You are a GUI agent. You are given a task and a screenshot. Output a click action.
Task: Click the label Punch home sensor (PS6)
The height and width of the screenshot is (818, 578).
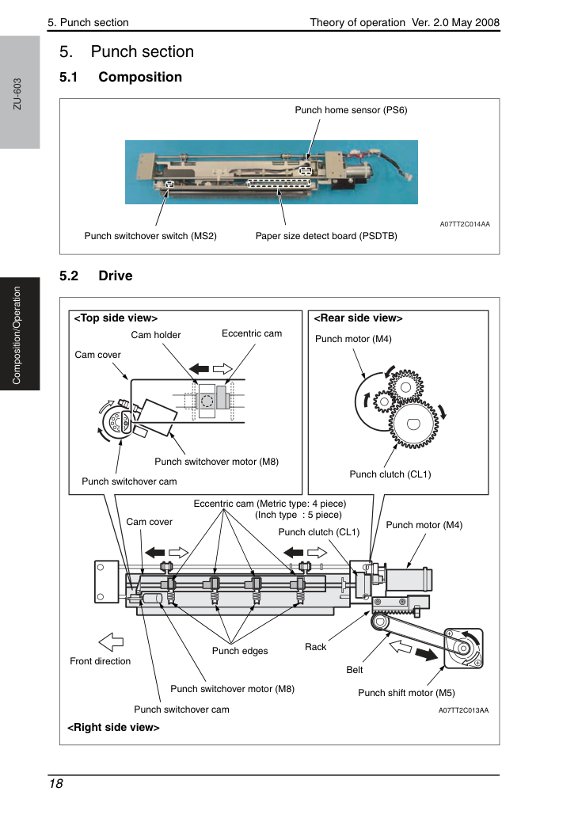351,110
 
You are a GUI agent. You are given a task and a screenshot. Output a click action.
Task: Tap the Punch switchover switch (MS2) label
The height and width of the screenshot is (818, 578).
150,236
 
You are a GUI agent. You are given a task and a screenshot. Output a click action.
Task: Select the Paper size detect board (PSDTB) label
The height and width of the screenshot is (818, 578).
326,236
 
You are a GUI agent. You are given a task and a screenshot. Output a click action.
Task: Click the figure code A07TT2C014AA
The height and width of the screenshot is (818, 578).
465,224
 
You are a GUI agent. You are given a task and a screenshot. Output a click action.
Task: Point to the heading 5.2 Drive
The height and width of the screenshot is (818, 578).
96,276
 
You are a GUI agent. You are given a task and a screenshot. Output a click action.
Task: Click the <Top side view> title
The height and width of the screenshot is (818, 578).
116,318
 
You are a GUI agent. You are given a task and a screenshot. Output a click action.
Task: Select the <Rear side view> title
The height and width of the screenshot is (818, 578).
358,318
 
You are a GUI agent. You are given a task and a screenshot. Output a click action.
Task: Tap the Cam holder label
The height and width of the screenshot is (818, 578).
155,335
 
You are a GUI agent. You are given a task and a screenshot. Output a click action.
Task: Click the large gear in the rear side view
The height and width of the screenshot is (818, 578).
414,424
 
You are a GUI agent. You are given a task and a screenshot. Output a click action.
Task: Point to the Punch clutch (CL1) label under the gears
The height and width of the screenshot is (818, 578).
390,474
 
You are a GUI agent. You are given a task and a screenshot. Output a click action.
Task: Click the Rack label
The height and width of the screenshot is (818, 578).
316,647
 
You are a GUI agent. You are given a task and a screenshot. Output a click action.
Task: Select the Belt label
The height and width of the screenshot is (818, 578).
355,670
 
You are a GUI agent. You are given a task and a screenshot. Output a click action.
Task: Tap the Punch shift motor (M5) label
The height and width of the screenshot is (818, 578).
406,693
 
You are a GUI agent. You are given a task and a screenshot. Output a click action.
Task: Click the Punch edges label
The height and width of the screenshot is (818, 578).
240,651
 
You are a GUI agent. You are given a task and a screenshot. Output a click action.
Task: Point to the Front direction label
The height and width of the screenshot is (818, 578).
100,661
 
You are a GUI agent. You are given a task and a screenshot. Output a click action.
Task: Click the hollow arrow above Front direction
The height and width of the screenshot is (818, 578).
111,642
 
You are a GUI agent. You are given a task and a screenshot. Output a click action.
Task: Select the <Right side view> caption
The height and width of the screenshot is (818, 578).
113,727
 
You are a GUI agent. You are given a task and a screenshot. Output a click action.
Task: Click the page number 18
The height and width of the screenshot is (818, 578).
55,784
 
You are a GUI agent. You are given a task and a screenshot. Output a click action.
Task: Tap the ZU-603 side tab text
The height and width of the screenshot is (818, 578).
17,94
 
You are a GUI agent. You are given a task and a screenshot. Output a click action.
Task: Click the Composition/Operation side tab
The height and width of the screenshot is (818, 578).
17,335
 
